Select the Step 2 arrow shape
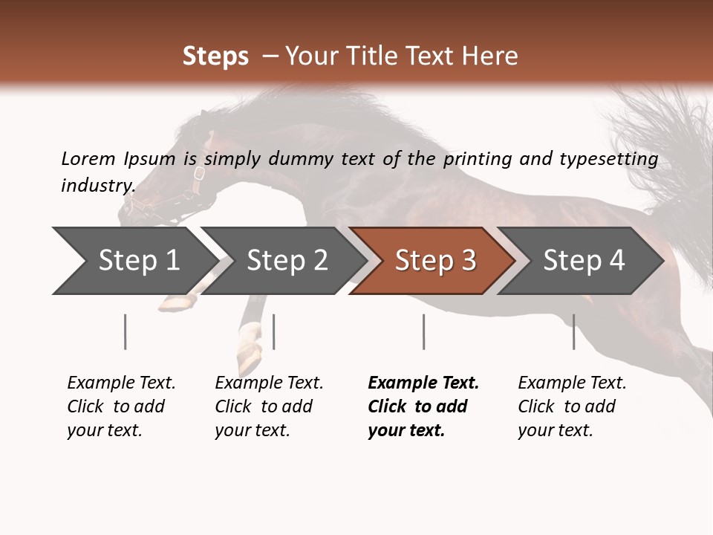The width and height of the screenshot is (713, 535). coord(287,261)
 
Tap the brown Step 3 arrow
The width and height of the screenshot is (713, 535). coord(435,261)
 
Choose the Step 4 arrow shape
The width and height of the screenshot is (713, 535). coord(584,261)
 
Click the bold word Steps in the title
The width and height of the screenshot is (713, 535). coord(215,56)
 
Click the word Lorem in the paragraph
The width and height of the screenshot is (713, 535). coord(88,158)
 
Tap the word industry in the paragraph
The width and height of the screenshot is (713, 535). coord(97,185)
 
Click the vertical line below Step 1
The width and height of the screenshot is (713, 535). coord(125,331)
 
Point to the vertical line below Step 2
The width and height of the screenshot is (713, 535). coord(274,331)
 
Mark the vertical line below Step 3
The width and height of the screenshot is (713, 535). coord(423,331)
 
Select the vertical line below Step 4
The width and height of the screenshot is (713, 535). coord(573,331)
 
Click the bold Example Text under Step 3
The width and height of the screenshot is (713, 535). coord(423,406)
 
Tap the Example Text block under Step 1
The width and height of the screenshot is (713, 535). coord(120,406)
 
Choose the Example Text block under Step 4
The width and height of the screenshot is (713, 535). coord(571,406)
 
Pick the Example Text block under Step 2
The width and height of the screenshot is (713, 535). coord(268,406)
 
